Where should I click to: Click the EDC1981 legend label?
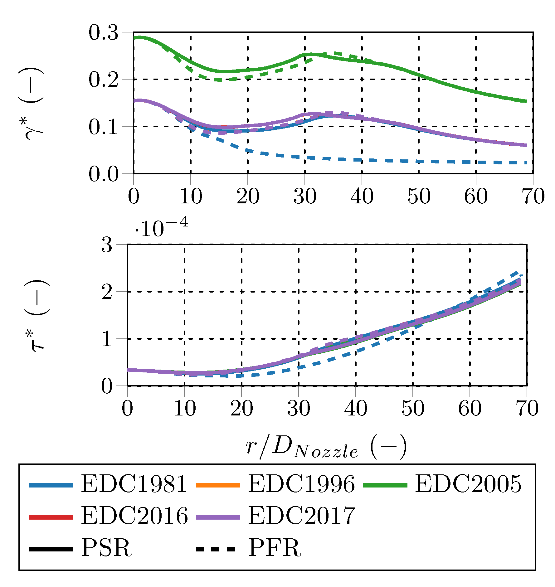coord(134,484)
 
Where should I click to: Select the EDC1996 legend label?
coord(301,484)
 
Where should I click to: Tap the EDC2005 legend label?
coord(468,484)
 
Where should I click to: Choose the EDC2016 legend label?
coord(134,516)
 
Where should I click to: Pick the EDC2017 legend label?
coord(301,516)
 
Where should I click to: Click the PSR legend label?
coord(106,548)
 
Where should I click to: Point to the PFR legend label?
coord(274,548)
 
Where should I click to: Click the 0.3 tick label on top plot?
coord(103,32)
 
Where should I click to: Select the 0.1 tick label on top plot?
coord(103,127)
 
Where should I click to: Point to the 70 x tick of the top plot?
coord(533,196)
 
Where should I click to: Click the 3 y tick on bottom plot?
coord(106,245)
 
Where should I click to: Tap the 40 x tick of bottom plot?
coord(356,408)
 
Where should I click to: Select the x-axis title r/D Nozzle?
coord(326,447)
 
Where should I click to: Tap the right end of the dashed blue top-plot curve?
coord(526,163)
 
